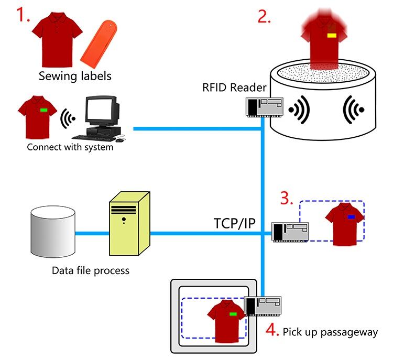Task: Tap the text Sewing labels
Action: [75, 76]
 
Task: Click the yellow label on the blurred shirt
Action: [332, 36]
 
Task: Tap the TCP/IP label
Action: [234, 223]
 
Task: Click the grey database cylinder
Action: [52, 233]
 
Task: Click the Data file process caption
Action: [90, 271]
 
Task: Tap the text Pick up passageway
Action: [330, 332]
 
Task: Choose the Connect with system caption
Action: [70, 147]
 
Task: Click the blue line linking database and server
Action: [91, 234]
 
